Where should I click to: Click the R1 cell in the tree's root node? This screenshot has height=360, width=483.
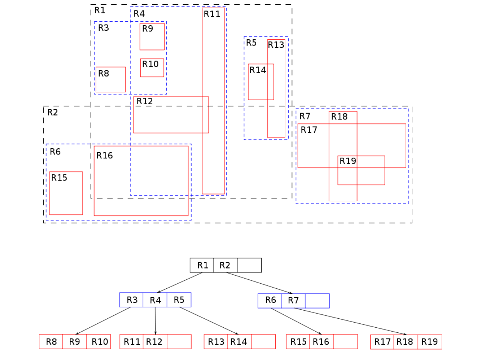click(202, 265)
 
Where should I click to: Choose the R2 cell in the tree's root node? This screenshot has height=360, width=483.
click(225, 265)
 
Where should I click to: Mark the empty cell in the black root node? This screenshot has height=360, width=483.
click(249, 265)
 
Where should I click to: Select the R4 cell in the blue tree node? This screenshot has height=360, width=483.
click(155, 300)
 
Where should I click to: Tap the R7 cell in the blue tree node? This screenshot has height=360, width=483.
click(293, 301)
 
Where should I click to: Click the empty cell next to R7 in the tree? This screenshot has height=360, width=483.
click(317, 301)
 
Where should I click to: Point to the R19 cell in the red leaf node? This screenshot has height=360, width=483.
click(430, 342)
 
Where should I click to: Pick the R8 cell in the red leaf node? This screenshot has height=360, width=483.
click(51, 342)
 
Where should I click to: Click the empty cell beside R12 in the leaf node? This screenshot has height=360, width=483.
click(179, 342)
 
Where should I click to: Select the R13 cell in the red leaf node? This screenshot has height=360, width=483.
click(216, 342)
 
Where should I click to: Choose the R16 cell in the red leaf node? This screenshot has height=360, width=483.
click(321, 342)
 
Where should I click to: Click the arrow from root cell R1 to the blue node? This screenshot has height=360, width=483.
click(180, 283)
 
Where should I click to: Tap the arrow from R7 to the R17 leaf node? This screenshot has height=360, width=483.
click(351, 321)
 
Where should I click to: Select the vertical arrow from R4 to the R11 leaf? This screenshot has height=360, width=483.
click(155, 321)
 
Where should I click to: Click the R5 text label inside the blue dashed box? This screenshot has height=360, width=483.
click(251, 43)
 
